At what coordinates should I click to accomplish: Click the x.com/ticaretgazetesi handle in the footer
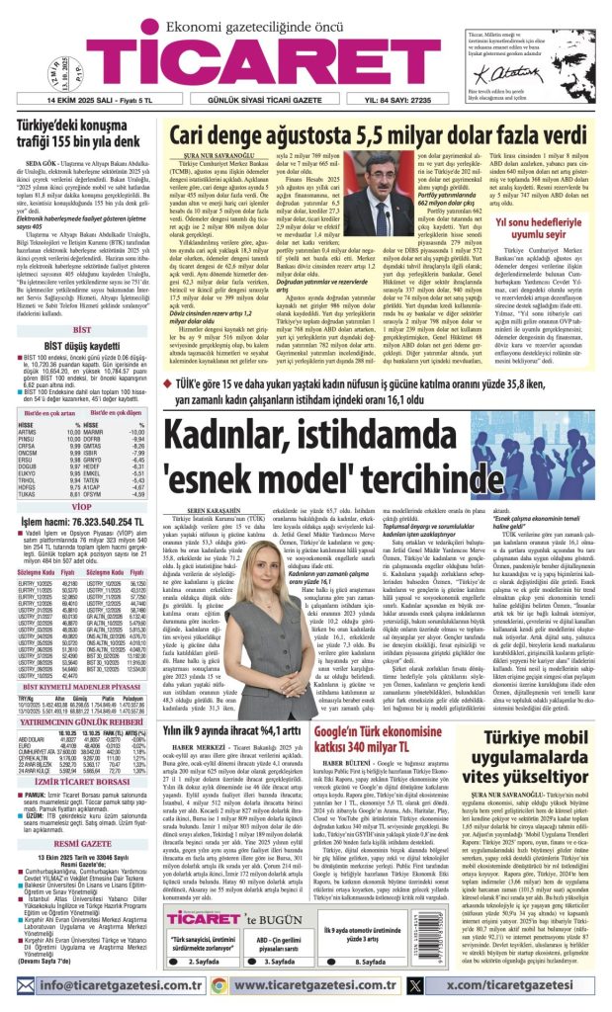click(517, 994)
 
